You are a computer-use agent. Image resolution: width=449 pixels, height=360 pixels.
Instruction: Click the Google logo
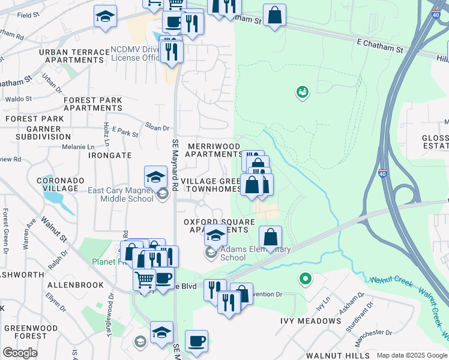20,353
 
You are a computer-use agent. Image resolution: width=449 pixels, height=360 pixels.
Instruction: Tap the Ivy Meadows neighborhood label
310,321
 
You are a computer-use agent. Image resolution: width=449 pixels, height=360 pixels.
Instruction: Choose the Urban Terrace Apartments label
71,56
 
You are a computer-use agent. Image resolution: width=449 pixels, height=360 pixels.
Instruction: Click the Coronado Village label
58,184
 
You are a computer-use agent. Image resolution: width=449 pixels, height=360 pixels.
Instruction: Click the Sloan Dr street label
157,127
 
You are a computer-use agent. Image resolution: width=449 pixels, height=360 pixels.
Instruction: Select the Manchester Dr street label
372,332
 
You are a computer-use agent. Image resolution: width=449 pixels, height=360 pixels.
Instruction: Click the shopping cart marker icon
145,278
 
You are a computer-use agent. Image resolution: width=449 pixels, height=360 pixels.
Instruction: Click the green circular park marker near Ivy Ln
306,279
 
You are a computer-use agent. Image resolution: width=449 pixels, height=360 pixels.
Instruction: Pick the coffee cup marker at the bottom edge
196,341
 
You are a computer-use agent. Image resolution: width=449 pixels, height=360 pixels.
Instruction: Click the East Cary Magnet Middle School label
121,194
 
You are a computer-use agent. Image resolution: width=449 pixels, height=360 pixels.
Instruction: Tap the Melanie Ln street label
78,146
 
